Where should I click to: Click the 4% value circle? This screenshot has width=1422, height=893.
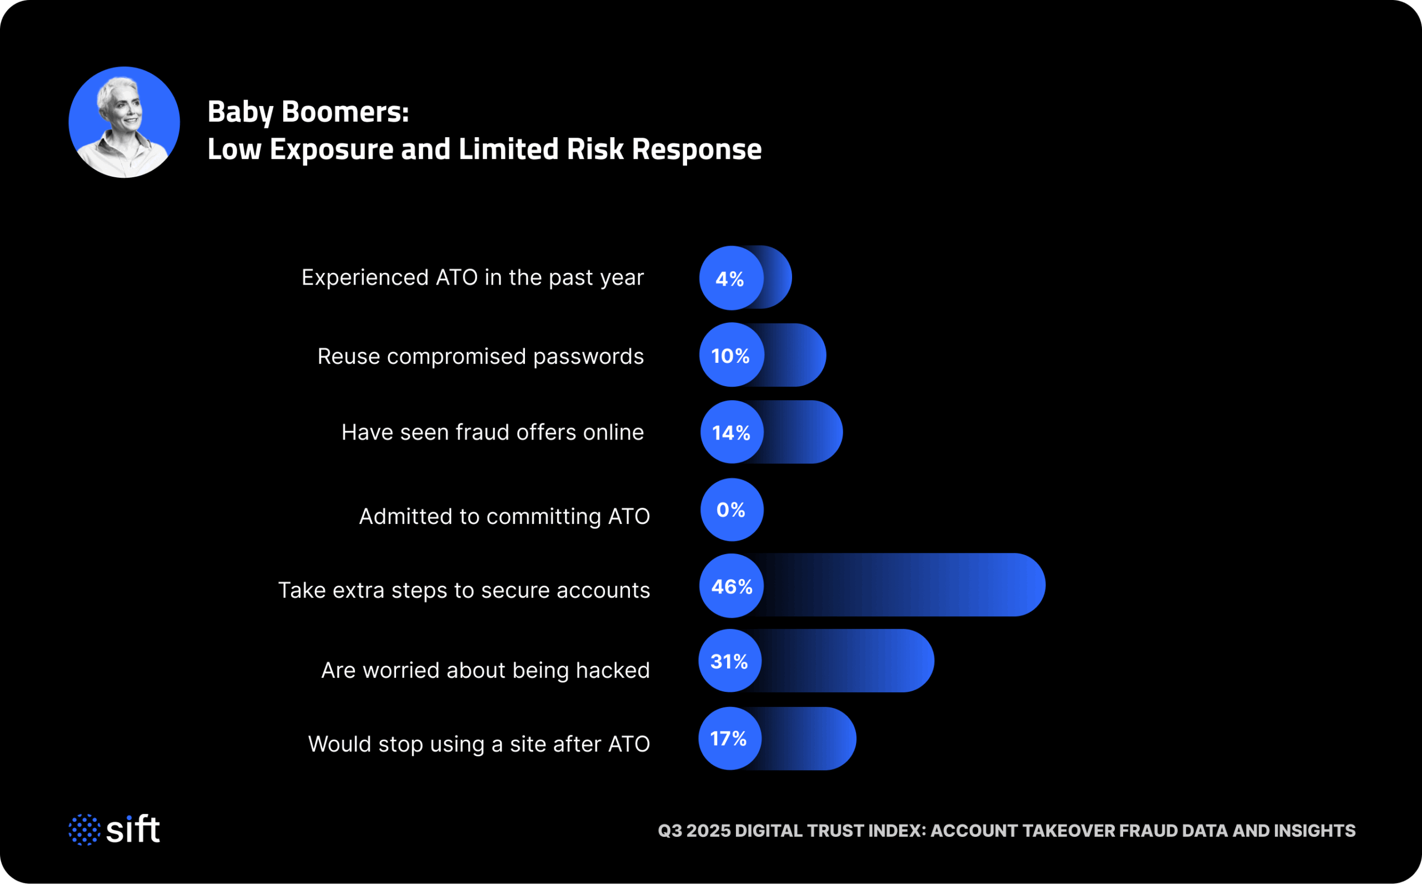tap(731, 278)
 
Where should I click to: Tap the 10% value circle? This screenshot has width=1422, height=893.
tap(732, 355)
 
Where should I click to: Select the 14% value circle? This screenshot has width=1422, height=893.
tap(732, 432)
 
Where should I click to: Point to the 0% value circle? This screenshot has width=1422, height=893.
tap(732, 510)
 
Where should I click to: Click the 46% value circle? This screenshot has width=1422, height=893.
tap(732, 586)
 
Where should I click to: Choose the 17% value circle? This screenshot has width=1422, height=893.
tap(729, 739)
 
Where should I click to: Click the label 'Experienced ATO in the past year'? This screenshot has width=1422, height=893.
tap(472, 278)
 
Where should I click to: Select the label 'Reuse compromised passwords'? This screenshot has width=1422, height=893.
tap(480, 357)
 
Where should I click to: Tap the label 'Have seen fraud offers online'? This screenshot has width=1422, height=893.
tap(492, 432)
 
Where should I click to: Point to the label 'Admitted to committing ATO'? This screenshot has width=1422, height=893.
tap(504, 517)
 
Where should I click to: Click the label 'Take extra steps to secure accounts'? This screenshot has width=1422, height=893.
tap(464, 591)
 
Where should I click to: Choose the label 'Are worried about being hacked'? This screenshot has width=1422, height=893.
tap(485, 670)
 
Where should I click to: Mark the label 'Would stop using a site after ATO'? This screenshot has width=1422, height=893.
tap(479, 744)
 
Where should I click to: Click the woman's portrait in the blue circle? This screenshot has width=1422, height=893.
tap(124, 122)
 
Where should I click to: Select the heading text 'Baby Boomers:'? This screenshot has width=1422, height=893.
tap(308, 112)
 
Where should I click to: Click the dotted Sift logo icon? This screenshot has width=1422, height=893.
tap(84, 830)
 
